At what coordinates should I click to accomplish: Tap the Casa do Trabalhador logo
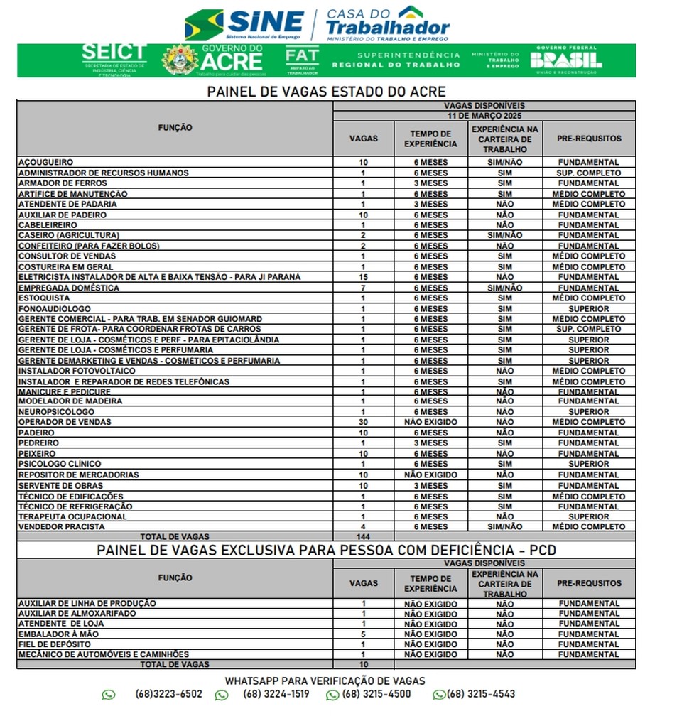pyautogui.click(x=387, y=23)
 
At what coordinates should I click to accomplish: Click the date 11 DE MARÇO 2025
pyautogui.click(x=484, y=115)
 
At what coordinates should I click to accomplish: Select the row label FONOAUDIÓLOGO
pyautogui.click(x=55, y=309)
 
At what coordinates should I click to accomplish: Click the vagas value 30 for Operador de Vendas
pyautogui.click(x=363, y=422)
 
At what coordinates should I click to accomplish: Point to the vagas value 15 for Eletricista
pyautogui.click(x=363, y=277)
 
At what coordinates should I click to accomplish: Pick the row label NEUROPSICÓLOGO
pyautogui.click(x=56, y=412)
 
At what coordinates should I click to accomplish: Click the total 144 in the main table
pyautogui.click(x=363, y=537)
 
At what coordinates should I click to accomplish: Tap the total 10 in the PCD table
pyautogui.click(x=363, y=665)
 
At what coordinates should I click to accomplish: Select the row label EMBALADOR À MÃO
pyautogui.click(x=59, y=634)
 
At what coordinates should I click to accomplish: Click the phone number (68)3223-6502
pyautogui.click(x=168, y=695)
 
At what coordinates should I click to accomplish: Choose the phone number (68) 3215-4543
pyautogui.click(x=481, y=695)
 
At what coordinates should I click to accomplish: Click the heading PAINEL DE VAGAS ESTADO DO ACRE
pyautogui.click(x=326, y=92)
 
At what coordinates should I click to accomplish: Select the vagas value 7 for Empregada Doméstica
pyautogui.click(x=363, y=288)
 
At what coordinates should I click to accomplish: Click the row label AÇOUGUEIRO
pyautogui.click(x=45, y=163)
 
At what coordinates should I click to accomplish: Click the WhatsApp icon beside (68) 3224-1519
pyautogui.click(x=222, y=695)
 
